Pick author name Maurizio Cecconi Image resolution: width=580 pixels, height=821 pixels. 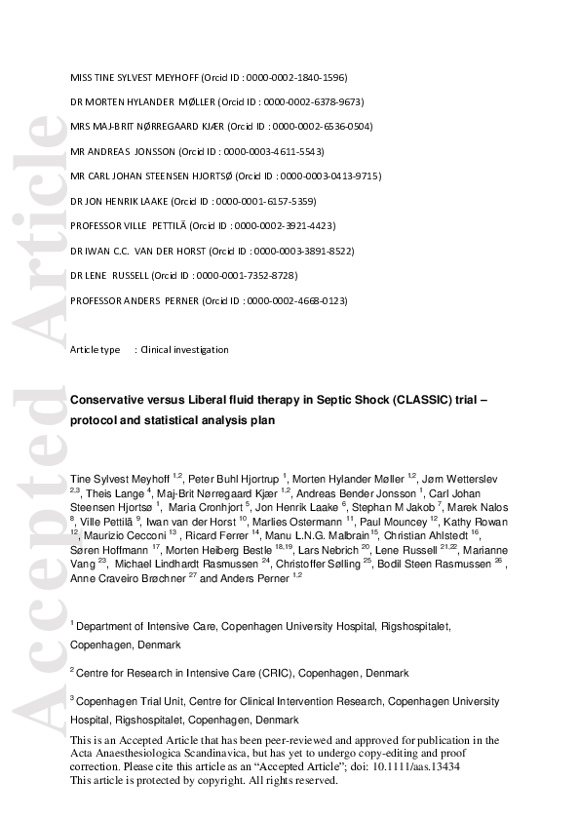point(123,535)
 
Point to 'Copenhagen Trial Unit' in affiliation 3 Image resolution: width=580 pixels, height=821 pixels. point(128,701)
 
